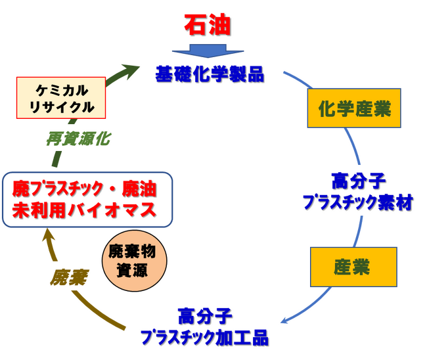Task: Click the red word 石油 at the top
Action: pyautogui.click(x=208, y=25)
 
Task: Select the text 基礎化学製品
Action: pyautogui.click(x=210, y=74)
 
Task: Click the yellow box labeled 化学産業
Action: pyautogui.click(x=354, y=109)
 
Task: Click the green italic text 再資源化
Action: pyautogui.click(x=78, y=139)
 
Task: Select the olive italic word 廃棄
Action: pyautogui.click(x=68, y=278)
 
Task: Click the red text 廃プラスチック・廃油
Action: pyautogui.click(x=85, y=191)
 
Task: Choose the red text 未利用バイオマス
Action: pyautogui.click(x=85, y=211)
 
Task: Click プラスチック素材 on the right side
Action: pyautogui.click(x=358, y=202)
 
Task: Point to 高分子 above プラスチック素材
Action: pyautogui.click(x=357, y=180)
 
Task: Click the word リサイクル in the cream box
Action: pyautogui.click(x=61, y=106)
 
